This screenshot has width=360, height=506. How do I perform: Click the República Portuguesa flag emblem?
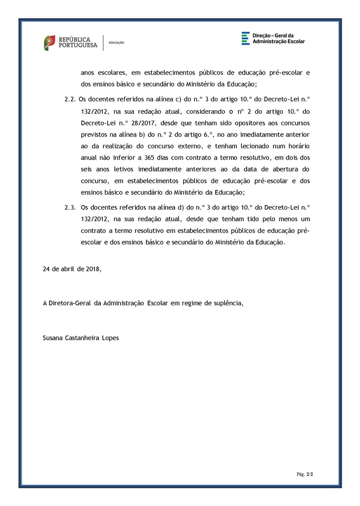click(x=49, y=42)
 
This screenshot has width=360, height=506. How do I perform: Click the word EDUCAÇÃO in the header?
click(x=116, y=43)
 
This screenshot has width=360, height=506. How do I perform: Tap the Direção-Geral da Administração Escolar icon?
click(x=245, y=39)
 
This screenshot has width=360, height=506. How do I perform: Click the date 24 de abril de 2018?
click(x=72, y=269)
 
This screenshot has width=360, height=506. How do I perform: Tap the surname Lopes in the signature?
click(x=109, y=338)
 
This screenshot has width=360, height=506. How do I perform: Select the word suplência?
click(x=228, y=303)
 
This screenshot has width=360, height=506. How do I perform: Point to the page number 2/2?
click(x=310, y=474)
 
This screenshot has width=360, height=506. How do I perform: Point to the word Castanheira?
click(x=82, y=338)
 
